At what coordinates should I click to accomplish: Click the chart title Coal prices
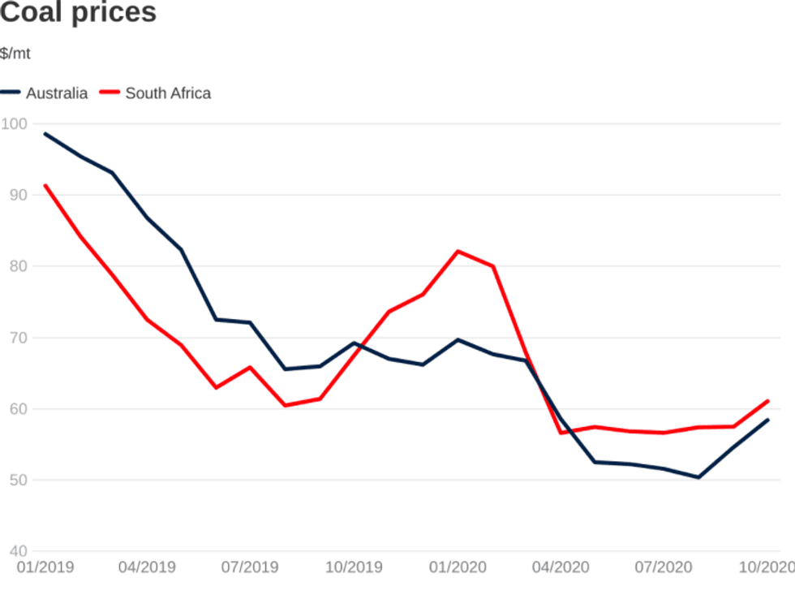click(x=79, y=13)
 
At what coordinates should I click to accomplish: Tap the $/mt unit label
click(x=15, y=54)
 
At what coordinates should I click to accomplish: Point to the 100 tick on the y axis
click(x=14, y=124)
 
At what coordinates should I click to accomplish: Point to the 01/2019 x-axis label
click(x=45, y=567)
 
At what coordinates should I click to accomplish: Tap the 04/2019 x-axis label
click(x=146, y=567)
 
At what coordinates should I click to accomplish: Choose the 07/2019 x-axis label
click(x=250, y=567)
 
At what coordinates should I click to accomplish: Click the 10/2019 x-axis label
click(x=354, y=567)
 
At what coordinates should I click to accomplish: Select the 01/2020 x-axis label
click(x=458, y=567)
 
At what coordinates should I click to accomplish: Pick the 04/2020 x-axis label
click(x=561, y=567)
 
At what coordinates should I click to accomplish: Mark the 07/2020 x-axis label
click(x=664, y=567)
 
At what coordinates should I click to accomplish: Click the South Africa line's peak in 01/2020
click(x=458, y=252)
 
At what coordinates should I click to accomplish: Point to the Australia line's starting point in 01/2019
click(x=45, y=134)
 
